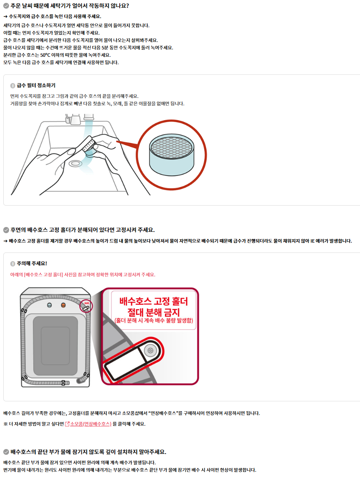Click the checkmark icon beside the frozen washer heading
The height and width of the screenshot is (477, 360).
pyautogui.click(x=6, y=6)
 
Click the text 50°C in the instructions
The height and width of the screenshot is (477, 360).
pyautogui.click(x=45, y=55)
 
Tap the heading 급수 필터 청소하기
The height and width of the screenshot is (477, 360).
pyautogui.click(x=36, y=86)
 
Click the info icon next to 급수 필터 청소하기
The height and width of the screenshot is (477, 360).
pyautogui.click(x=13, y=86)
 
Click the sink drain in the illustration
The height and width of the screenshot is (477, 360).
pyautogui.click(x=75, y=164)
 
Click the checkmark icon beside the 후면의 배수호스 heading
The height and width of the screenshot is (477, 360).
pyautogui.click(x=6, y=230)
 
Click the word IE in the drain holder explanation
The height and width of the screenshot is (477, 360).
pyautogui.click(x=312, y=241)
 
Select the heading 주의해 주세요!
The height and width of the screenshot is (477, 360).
pyautogui.click(x=32, y=264)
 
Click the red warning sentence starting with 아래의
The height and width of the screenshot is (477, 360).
pyautogui.click(x=83, y=275)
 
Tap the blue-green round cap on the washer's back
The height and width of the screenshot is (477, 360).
pyautogui.click(x=49, y=305)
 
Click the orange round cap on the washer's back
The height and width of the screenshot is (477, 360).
pyautogui.click(x=63, y=305)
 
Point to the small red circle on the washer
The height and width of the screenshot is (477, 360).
pyautogui.click(x=86, y=306)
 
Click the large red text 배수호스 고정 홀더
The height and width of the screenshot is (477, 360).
pyautogui.click(x=154, y=301)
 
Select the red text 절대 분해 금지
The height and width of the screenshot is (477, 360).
pyautogui.click(x=154, y=312)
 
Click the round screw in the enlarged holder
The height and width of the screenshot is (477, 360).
pyautogui.click(x=150, y=350)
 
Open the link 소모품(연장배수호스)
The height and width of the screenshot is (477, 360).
pyautogui.click(x=91, y=424)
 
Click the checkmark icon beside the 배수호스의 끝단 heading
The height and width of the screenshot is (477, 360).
pyautogui.click(x=6, y=452)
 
